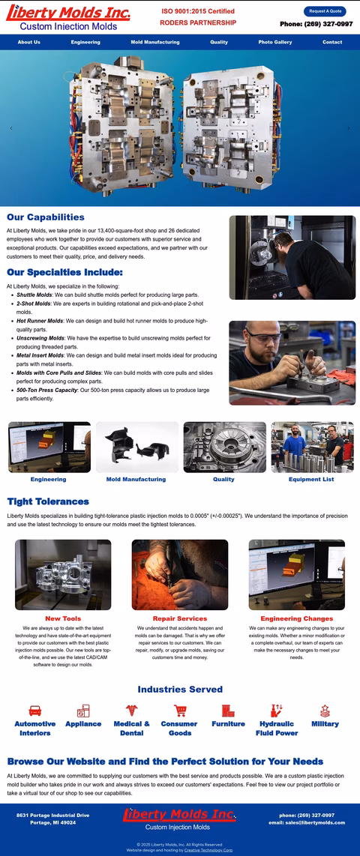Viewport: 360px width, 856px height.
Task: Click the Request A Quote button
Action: click(x=325, y=11)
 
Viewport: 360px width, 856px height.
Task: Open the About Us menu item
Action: click(x=29, y=42)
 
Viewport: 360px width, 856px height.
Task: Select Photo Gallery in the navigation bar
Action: click(x=275, y=42)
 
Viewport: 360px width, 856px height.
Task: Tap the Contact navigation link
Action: click(x=332, y=42)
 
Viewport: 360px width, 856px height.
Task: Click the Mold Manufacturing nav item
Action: click(x=155, y=42)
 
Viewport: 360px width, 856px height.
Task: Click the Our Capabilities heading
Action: click(x=46, y=217)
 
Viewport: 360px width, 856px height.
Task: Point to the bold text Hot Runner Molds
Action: click(x=40, y=321)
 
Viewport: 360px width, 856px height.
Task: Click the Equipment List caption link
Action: click(x=311, y=479)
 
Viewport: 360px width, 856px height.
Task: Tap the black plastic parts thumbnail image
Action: click(x=137, y=447)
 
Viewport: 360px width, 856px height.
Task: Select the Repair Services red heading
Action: click(x=180, y=618)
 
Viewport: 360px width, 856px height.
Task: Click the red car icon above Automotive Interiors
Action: click(x=35, y=711)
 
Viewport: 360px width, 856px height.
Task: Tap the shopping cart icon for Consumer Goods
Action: click(x=180, y=711)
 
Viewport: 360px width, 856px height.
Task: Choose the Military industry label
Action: click(x=325, y=724)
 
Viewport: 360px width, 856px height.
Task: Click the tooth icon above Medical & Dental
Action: click(x=132, y=711)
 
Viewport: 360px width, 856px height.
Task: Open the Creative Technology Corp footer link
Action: click(x=208, y=850)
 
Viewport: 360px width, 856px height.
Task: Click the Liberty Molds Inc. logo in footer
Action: click(x=180, y=819)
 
